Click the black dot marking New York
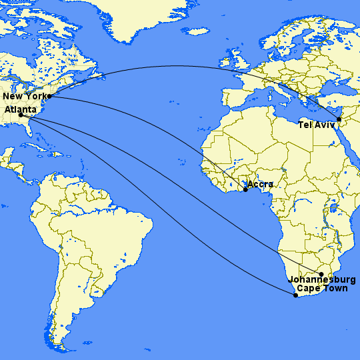coord(49,96)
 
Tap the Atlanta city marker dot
coord(21,115)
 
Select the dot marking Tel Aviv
coord(339,119)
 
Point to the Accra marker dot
coord(245,190)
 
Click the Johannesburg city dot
coord(321,275)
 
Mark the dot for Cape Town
coord(296,295)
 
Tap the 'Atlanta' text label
coord(20,108)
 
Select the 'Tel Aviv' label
coord(317,125)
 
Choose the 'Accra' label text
coord(261,184)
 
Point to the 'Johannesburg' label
coord(322,280)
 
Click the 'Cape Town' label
coord(323,289)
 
